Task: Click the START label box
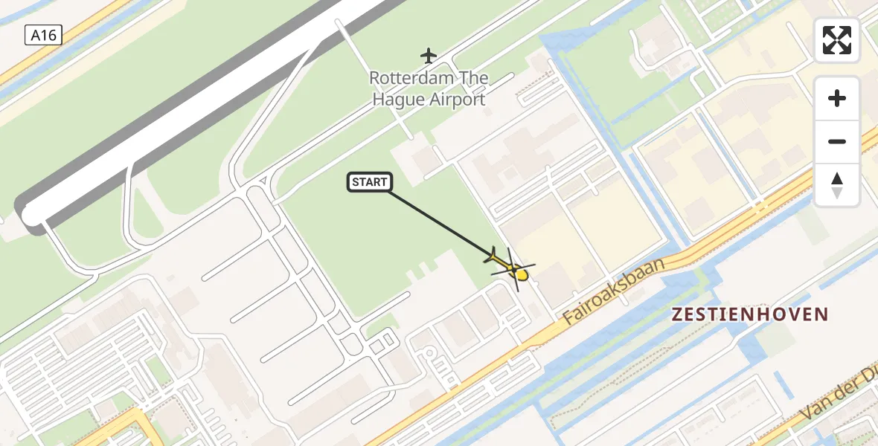pyautogui.click(x=369, y=182)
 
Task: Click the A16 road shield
pyautogui.click(x=43, y=34)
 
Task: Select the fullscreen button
pyautogui.click(x=837, y=40)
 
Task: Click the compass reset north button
pyautogui.click(x=837, y=185)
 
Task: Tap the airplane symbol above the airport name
pyautogui.click(x=428, y=55)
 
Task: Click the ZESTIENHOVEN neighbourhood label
pyautogui.click(x=749, y=314)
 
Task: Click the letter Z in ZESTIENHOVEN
pyautogui.click(x=677, y=314)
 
